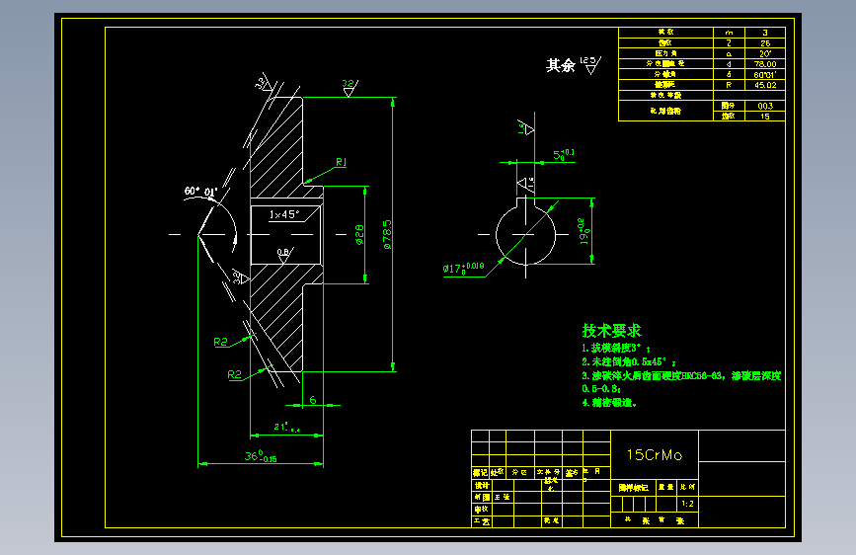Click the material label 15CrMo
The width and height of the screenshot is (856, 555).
655,454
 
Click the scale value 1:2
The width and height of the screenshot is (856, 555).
687,503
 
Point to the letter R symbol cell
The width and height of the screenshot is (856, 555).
729,85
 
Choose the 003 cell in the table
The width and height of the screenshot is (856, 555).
764,105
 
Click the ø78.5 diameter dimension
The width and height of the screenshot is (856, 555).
387,234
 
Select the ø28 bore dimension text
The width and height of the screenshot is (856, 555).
357,234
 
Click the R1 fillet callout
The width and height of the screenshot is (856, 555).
340,161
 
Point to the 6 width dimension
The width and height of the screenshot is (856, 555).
312,399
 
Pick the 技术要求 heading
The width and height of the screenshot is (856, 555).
611,331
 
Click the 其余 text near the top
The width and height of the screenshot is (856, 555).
560,65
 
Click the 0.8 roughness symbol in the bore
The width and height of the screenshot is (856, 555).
283,253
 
